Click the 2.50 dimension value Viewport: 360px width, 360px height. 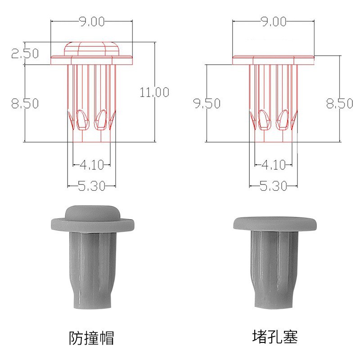[25, 54]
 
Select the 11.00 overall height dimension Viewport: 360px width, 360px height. [154, 92]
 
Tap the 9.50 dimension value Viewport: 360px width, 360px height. [207, 103]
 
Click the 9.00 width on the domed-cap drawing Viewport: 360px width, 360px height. [91, 21]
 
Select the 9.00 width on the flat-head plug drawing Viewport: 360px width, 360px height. [273, 21]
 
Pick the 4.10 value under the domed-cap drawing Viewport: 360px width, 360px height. [91, 165]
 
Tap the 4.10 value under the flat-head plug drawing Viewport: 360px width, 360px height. [273, 165]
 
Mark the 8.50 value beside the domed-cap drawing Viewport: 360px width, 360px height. [25, 103]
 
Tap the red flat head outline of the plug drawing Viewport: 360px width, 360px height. [273, 60]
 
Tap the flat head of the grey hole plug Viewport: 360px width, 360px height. [273, 223]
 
